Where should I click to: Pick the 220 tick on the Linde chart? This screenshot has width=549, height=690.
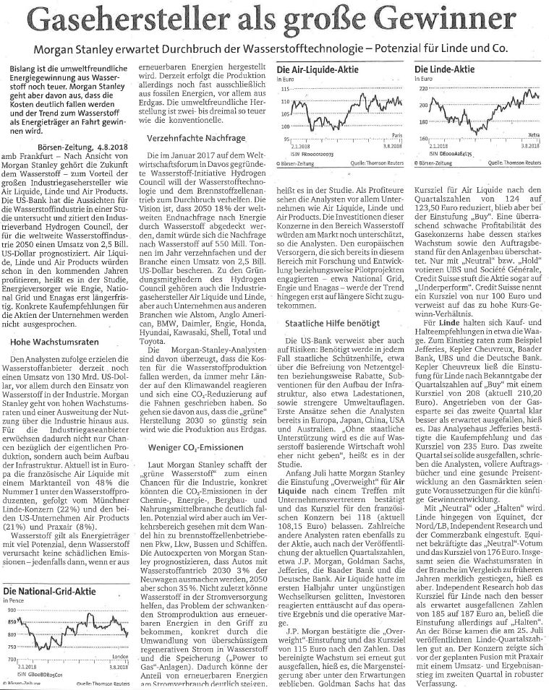click(422, 87)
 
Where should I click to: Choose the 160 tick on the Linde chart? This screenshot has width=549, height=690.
click(422, 137)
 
